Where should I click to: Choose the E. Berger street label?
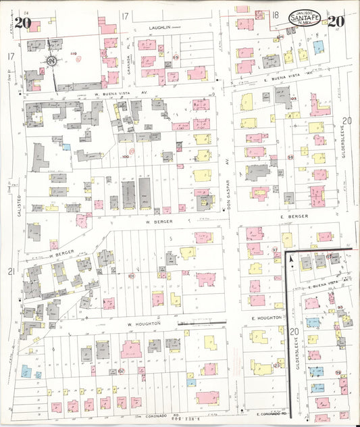coord(294,217)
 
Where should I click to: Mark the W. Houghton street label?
coord(145,324)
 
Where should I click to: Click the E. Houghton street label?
coord(265,317)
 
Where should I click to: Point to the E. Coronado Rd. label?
coord(272,412)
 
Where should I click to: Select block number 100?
coord(125,157)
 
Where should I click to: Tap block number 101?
coord(132,276)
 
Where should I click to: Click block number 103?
coord(293,99)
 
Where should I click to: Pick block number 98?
coord(290,157)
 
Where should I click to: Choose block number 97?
coord(275,251)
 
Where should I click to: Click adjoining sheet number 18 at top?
coord(276,15)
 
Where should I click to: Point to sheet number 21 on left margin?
coord(11,272)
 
